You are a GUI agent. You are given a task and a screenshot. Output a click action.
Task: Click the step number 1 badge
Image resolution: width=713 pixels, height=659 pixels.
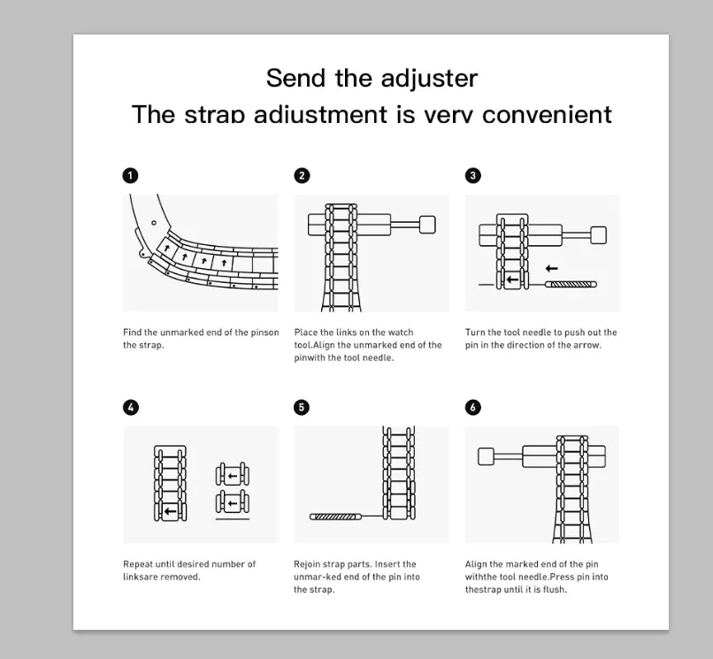click(130, 175)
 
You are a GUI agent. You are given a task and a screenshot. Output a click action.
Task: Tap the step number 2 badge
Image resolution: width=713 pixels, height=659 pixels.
click(302, 175)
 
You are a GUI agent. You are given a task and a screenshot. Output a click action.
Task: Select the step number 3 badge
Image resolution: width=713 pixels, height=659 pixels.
click(473, 175)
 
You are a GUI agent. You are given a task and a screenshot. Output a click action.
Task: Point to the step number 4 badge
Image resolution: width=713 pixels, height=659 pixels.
click(130, 407)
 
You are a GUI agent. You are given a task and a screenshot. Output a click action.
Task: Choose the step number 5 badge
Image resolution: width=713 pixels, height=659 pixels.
click(302, 407)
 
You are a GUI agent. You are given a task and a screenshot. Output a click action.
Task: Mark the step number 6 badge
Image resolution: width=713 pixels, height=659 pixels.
click(473, 407)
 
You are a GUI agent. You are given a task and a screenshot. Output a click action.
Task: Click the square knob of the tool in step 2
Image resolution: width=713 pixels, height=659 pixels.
click(427, 224)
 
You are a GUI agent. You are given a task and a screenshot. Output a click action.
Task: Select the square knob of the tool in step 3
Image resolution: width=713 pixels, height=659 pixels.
click(598, 234)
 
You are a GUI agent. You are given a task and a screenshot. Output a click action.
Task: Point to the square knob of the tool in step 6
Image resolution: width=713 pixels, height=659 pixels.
click(486, 456)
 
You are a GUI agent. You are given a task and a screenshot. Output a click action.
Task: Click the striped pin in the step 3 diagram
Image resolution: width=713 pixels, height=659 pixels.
click(571, 284)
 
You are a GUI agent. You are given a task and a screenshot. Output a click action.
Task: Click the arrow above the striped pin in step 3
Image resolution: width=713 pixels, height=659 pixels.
click(552, 268)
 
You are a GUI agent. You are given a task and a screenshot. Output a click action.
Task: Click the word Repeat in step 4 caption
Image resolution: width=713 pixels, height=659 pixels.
click(137, 563)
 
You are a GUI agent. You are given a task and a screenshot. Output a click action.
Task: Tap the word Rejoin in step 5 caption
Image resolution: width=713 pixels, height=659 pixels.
click(309, 563)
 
